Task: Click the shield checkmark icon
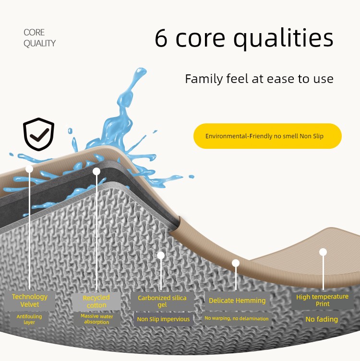tap(39, 134)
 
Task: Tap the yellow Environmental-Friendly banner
tap(267, 136)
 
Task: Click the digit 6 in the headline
tap(161, 38)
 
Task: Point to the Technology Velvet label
tap(30, 301)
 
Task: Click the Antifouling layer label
tap(29, 319)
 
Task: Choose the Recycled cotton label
tap(96, 301)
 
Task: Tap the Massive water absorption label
tap(96, 319)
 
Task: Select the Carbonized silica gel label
tap(162, 301)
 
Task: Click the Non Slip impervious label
tap(163, 319)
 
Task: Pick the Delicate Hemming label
tap(237, 301)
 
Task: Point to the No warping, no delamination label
tap(237, 318)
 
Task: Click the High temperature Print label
tap(322, 300)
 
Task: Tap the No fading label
tap(322, 319)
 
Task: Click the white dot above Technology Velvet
tap(29, 169)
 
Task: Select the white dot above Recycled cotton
tap(96, 171)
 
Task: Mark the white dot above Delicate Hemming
tap(236, 263)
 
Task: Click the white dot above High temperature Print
tap(323, 252)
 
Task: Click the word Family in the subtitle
tap(204, 79)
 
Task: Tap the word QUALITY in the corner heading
tap(39, 43)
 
